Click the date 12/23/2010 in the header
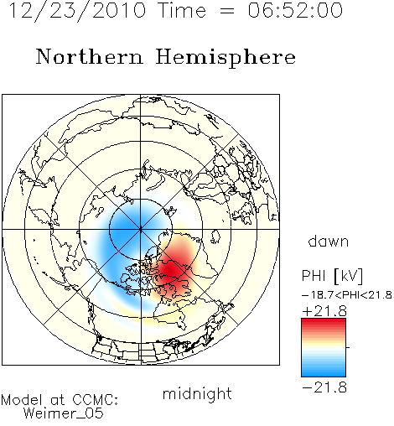(77, 11)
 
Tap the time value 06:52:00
(295, 10)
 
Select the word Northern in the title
(90, 57)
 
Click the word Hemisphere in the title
(226, 58)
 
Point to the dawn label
(329, 241)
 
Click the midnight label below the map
(197, 394)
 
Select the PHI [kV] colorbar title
(333, 276)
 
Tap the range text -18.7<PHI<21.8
(347, 295)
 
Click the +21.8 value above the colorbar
(324, 311)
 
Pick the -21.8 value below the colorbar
(324, 387)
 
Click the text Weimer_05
(63, 413)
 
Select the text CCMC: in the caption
(96, 400)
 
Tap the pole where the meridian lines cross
(141, 229)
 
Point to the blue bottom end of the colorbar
(324, 374)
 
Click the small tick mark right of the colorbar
(348, 347)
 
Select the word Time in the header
(182, 10)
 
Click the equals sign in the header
(227, 11)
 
